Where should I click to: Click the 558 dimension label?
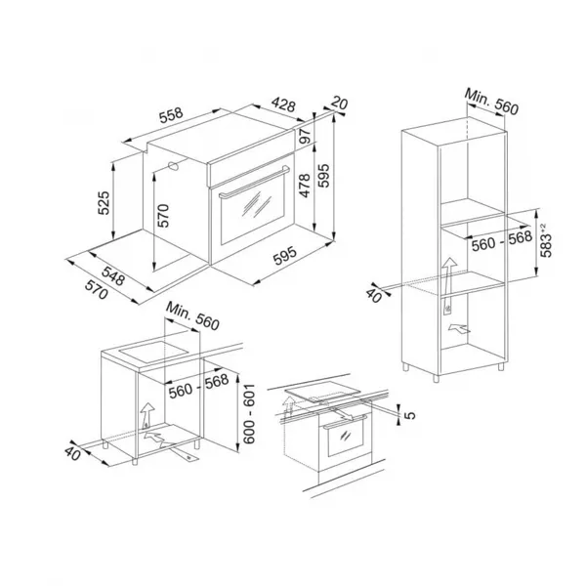171,115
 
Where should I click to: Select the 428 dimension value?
283,105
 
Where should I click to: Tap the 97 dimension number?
305,136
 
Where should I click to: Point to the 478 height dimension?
305,186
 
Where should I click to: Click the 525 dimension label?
104,203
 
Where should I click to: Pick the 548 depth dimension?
113,275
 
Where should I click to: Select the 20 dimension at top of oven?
339,103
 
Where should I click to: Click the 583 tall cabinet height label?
546,240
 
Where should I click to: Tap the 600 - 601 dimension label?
249,413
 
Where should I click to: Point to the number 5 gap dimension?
410,415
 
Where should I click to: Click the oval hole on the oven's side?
174,166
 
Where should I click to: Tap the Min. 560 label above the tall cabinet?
491,102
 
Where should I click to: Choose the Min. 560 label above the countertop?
192,316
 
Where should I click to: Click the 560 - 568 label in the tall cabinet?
502,241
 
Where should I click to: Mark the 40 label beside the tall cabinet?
374,294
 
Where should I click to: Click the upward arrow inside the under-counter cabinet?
147,415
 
